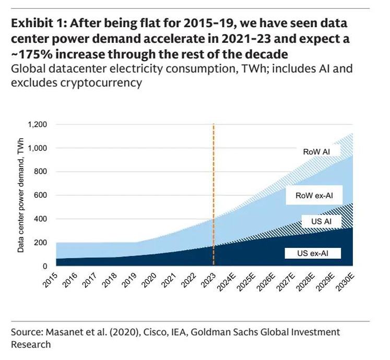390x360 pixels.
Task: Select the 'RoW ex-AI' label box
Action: click(x=314, y=196)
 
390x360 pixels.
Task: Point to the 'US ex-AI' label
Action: click(x=312, y=254)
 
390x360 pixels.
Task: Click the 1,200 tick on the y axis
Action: click(x=37, y=125)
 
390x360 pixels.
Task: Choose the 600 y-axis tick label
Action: click(x=41, y=196)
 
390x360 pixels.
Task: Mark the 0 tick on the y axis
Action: click(x=45, y=266)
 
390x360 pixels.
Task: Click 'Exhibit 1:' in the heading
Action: click(x=37, y=24)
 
